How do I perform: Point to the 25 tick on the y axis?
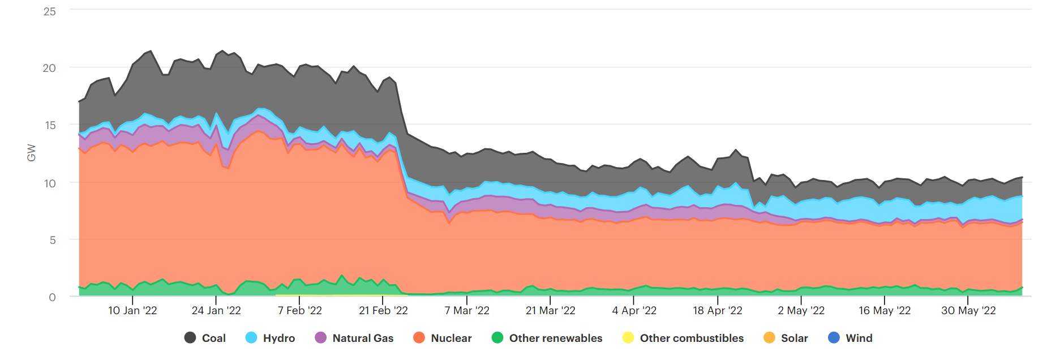point(50,11)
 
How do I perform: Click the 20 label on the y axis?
point(50,68)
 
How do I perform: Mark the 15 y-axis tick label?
point(50,125)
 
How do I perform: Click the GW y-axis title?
point(32,153)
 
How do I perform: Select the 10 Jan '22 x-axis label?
point(132,311)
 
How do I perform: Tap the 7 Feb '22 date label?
point(299,311)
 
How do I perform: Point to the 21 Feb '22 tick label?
point(383,311)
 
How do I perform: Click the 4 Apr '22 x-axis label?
point(634,311)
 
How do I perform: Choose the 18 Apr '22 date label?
point(718,311)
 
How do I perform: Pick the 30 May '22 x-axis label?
point(968,311)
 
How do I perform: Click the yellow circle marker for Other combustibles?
point(628,338)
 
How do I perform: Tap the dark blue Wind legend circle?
point(834,338)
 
